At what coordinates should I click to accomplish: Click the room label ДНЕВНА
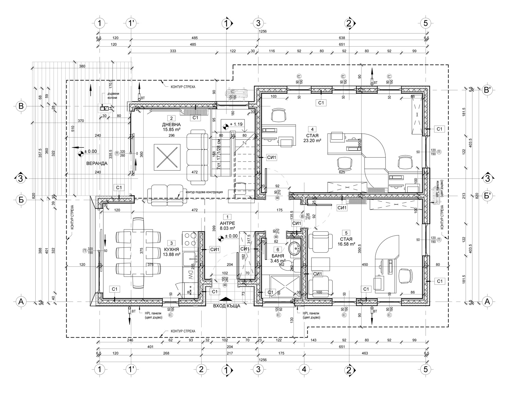pos(171,124)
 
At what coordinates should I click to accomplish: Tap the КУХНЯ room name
pos(171,249)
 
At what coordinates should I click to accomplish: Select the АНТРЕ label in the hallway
pos(227,223)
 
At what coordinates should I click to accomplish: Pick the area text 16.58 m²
pos(346,244)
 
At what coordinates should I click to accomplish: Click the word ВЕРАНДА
pos(97,163)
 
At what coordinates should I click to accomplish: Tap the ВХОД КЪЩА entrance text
pos(227,306)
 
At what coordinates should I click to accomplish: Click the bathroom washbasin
pos(294,248)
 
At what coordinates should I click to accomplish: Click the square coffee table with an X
pos(167,156)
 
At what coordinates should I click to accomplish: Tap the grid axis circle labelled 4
pos(304,369)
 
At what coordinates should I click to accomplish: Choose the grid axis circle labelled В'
pos(487,90)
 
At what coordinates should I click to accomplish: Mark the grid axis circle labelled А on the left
pos(21,301)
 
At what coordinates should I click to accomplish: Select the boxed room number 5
pos(346,233)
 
